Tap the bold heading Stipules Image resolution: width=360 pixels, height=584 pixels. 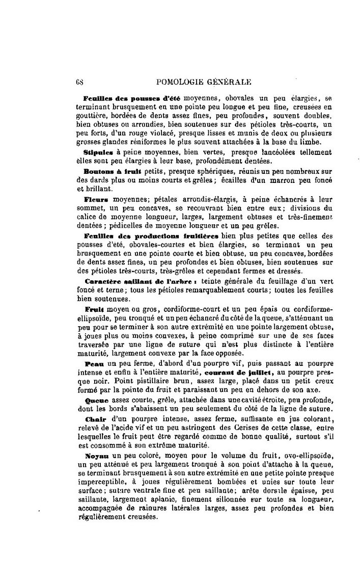[x=97, y=152]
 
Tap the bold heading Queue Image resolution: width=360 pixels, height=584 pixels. [x=96, y=401]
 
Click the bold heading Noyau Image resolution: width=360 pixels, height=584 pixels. [x=97, y=457]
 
